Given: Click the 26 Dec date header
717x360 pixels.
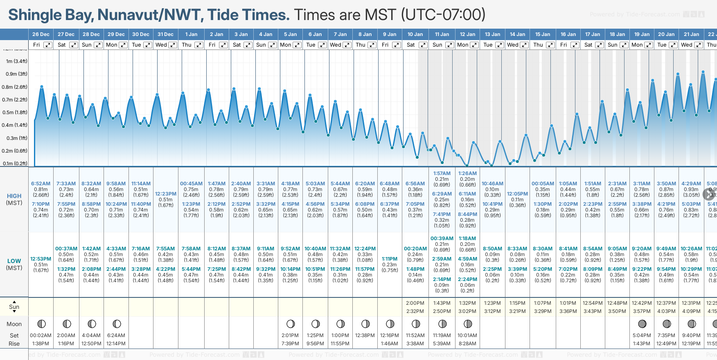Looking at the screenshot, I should coord(41,34).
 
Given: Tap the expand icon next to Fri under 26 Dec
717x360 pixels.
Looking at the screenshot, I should coord(48,45).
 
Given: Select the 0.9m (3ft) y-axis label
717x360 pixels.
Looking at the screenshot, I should coord(16,74).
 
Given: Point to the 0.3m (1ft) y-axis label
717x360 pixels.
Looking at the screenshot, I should coord(17,138).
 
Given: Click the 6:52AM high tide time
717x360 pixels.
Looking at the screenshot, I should coord(41,184).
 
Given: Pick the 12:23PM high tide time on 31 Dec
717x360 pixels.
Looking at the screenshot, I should coord(166,194).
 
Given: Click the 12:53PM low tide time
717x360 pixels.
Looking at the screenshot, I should coord(41,259).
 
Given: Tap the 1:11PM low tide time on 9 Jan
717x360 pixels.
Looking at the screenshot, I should coord(390,259).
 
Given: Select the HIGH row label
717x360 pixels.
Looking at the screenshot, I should coord(14,196).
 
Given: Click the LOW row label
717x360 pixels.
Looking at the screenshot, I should coord(14,261).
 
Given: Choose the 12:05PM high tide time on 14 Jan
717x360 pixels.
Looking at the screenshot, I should coord(517,194).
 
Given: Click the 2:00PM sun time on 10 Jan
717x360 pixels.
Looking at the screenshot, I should coord(415,303).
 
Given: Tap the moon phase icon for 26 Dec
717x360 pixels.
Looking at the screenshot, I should coord(41,324).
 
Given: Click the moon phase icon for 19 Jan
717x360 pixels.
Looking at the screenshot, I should coord(642,324).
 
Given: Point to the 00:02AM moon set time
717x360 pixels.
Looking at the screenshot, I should coord(41,335).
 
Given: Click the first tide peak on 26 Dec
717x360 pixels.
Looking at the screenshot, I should coord(42,87).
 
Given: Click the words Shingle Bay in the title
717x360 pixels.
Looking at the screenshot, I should coord(51,15).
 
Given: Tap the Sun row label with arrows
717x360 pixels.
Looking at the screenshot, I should coord(14,307).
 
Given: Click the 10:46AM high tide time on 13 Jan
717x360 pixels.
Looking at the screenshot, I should coord(492,184).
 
